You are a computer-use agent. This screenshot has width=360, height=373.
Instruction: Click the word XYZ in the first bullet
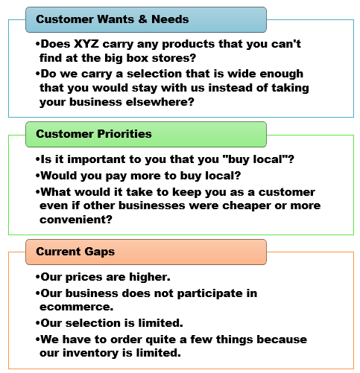point(86,44)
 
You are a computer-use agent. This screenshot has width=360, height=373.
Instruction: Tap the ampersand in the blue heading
point(142,19)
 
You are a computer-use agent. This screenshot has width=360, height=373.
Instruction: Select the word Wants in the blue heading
point(115,19)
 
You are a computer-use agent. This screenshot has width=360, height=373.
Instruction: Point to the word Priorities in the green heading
point(124,134)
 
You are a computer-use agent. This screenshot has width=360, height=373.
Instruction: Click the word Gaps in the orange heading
point(99,252)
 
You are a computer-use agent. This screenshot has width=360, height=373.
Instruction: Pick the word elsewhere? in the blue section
point(160,102)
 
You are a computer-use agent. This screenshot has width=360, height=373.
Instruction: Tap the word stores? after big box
point(174,58)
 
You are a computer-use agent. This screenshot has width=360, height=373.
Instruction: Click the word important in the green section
point(96,159)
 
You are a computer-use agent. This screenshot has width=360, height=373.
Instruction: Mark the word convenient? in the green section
point(76,220)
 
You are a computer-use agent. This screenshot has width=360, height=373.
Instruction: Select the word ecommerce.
point(77,307)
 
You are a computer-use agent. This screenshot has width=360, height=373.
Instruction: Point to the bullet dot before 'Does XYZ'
point(37,44)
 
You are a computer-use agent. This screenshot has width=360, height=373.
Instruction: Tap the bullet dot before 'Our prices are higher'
point(37,277)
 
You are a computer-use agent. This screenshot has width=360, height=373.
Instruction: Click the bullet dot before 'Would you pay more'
point(37,176)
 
